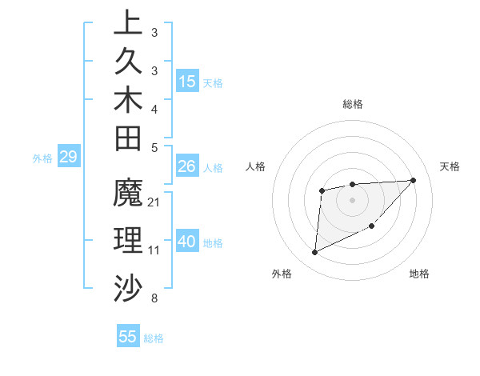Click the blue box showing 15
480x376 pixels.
click(187, 82)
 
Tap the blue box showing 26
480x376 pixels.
click(187, 166)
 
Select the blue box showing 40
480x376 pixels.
click(187, 242)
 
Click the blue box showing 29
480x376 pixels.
click(69, 158)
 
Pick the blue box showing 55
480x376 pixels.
click(128, 337)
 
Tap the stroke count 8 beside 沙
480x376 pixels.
click(154, 299)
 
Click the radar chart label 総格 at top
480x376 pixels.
click(353, 104)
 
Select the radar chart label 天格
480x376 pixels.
click(450, 166)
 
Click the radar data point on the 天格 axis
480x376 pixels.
click(413, 180)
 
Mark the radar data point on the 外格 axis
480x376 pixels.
click(315, 253)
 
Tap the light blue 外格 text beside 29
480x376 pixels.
click(42, 158)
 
